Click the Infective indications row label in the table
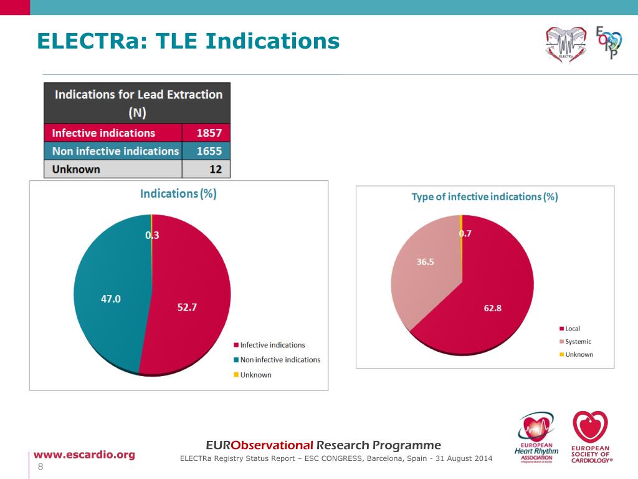coord(103,133)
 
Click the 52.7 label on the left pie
coord(187,307)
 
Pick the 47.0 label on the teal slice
coord(111,299)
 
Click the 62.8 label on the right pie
coord(492,307)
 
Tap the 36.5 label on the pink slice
coord(425,262)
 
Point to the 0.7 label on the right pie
coord(465,233)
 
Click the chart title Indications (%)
coord(178,193)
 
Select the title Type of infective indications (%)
coord(484,197)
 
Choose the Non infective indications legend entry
coord(280,360)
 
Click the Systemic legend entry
coord(578,341)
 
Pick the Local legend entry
coord(572,329)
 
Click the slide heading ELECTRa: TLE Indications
coord(188,41)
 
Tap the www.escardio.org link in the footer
coord(83,454)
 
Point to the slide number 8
coord(40,468)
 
